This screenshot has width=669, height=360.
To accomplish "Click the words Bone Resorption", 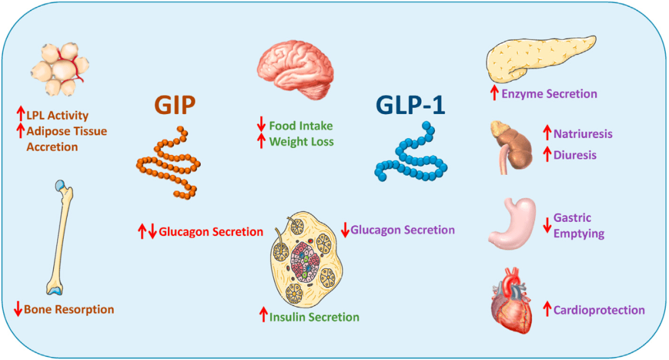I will [x=69, y=309].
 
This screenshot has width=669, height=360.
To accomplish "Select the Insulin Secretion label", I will [x=314, y=317].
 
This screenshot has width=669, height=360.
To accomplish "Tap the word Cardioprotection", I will [x=599, y=310].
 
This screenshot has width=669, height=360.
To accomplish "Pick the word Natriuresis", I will [x=583, y=133].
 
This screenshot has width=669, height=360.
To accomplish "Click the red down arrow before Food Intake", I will [x=261, y=126].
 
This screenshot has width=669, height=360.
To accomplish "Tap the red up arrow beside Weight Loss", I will [x=261, y=141].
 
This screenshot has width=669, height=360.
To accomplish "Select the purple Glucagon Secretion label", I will [x=403, y=230].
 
